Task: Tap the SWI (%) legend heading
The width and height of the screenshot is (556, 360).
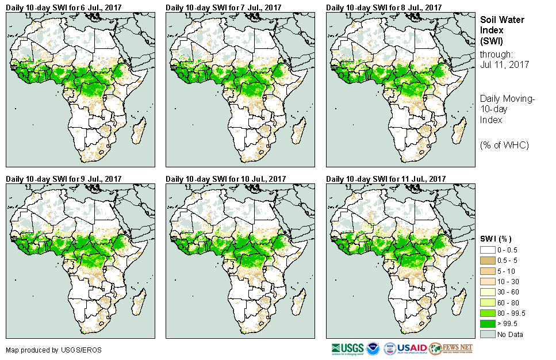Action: (x=496, y=239)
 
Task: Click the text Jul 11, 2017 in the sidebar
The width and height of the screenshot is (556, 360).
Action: (x=504, y=65)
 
